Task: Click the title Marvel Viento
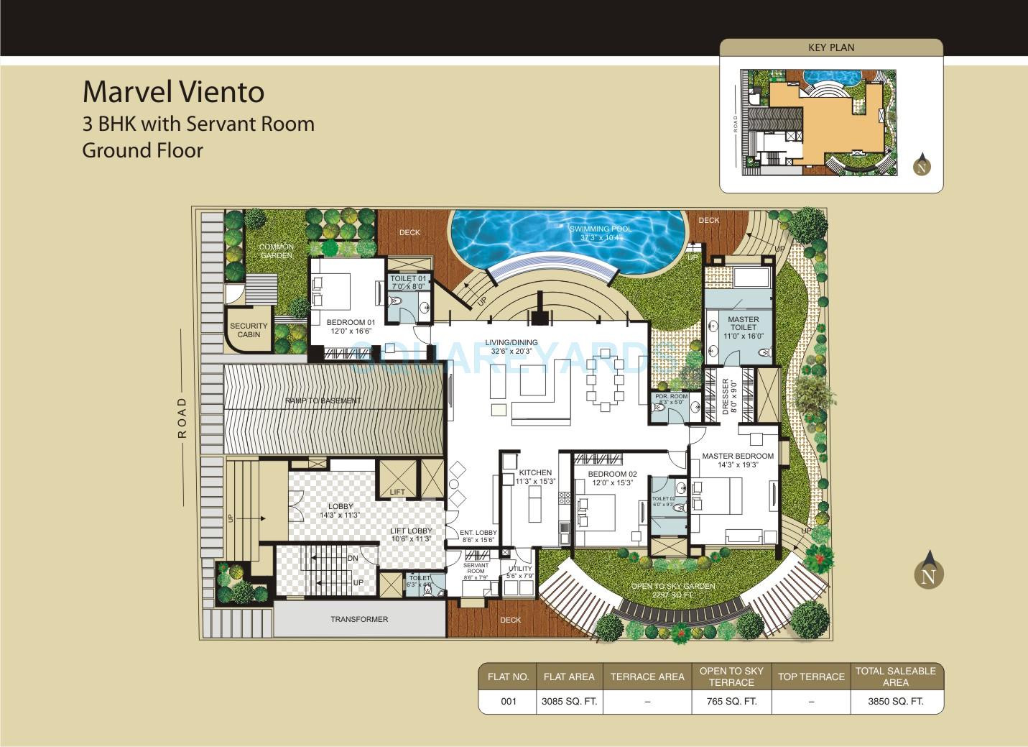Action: click(x=173, y=92)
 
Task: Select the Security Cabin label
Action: click(x=249, y=330)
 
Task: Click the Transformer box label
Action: click(x=359, y=619)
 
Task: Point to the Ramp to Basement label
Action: click(x=323, y=400)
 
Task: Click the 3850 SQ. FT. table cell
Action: click(x=896, y=702)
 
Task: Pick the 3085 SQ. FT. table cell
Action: click(x=569, y=702)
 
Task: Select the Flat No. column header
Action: click(x=508, y=677)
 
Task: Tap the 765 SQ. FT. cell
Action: click(x=731, y=702)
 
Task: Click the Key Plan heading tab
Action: click(x=831, y=47)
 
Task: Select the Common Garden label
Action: click(x=277, y=251)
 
